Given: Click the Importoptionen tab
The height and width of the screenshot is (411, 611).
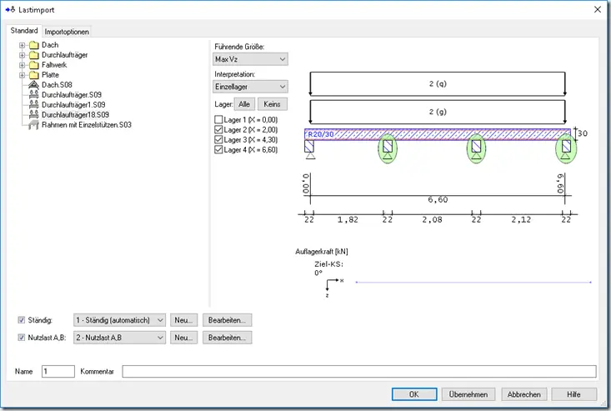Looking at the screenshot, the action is tap(67, 32).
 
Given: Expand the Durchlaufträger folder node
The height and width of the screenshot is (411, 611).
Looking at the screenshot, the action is tap(23, 55).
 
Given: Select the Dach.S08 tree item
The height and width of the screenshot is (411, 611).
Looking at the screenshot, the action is tap(57, 84).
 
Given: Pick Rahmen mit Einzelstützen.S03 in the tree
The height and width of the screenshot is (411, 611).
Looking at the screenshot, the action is tap(87, 125).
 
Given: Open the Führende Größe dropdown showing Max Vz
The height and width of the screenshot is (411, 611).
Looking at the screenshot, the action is tap(251, 59).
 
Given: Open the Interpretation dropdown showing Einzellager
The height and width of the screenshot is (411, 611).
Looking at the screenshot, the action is tap(251, 87).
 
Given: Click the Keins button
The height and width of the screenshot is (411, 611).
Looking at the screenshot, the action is tap(272, 104).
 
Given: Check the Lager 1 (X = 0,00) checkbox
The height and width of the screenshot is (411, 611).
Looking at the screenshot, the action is tap(218, 119).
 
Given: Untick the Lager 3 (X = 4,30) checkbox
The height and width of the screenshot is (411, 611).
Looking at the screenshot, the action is tap(218, 139).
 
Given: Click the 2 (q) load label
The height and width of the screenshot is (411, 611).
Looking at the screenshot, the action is tap(438, 83).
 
